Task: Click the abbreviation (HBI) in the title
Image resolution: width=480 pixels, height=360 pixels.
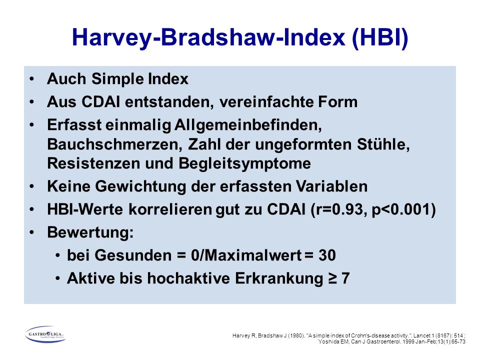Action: coord(380,37)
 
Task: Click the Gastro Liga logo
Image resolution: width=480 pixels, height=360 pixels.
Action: coord(45,334)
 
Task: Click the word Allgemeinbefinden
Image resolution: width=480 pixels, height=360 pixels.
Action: coord(248,125)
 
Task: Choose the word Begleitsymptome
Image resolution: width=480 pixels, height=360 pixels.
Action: coord(244,163)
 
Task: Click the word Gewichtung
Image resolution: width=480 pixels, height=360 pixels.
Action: coord(140,186)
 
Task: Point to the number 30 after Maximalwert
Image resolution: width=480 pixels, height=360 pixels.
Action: coord(327,255)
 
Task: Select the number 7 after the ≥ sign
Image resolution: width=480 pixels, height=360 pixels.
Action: coord(345,278)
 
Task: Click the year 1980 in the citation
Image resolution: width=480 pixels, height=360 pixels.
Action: coord(296,335)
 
